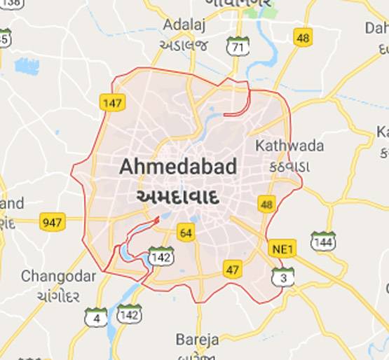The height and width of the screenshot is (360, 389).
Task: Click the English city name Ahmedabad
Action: coord(177,167)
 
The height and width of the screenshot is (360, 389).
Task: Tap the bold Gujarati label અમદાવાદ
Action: coord(177,196)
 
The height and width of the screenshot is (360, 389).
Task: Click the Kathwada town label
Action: coord(289,146)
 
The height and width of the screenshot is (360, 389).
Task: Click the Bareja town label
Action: coord(198,340)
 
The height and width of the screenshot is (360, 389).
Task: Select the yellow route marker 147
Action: coord(112,103)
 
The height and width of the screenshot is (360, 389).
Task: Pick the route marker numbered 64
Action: coord(186,233)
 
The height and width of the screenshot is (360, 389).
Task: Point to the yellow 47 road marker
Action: coord(233,269)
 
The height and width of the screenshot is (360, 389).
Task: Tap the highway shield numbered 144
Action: coord(323,241)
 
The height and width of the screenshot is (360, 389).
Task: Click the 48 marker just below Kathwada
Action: coord(266,205)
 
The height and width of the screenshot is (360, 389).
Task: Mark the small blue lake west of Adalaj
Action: coord(27,66)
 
